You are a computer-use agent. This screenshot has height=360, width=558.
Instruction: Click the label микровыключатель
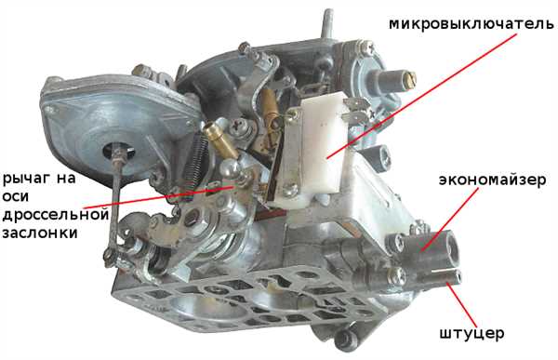pyautogui.click(x=472, y=24)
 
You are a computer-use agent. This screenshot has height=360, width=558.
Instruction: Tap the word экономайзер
pyautogui.click(x=492, y=180)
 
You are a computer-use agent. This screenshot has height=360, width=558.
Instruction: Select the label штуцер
pyautogui.click(x=472, y=334)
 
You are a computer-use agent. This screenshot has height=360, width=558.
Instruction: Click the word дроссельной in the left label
pyautogui.click(x=56, y=216)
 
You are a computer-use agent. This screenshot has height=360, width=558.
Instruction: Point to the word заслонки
pyautogui.click(x=40, y=233)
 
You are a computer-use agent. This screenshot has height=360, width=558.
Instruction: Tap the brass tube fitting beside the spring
pyautogui.click(x=220, y=140)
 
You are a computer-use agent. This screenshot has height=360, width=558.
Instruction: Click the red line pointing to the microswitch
pyautogui.click(x=421, y=96)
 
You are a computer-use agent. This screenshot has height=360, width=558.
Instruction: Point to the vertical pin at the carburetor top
pyautogui.click(x=328, y=23)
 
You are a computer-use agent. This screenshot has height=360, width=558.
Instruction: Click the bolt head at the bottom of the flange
pyautogui.click(x=344, y=338)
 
